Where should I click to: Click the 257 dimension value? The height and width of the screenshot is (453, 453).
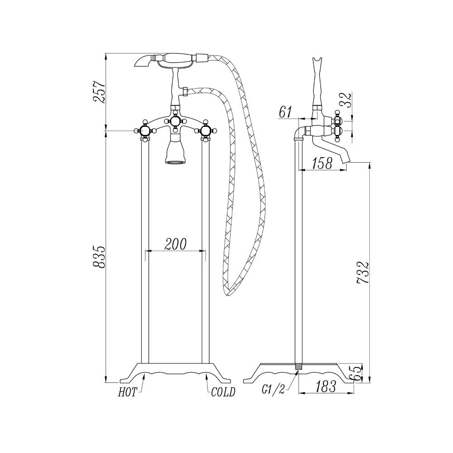[x=98, y=92]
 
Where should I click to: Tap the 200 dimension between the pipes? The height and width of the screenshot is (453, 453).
[x=175, y=245]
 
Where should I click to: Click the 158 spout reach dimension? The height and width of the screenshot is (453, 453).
[x=322, y=164]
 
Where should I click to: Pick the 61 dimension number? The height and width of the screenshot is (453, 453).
[x=285, y=112]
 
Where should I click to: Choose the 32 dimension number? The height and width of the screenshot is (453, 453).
[x=347, y=100]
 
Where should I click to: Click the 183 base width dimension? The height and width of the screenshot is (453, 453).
[x=326, y=386]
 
